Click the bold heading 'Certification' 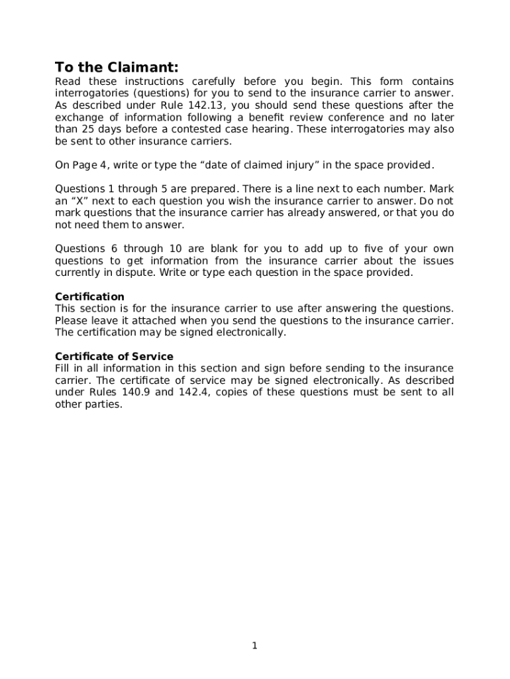pyautogui.click(x=89, y=296)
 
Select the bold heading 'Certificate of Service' pyautogui.click(x=114, y=356)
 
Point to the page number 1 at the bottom pyautogui.click(x=254, y=647)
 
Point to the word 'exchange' pyautogui.click(x=77, y=117)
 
